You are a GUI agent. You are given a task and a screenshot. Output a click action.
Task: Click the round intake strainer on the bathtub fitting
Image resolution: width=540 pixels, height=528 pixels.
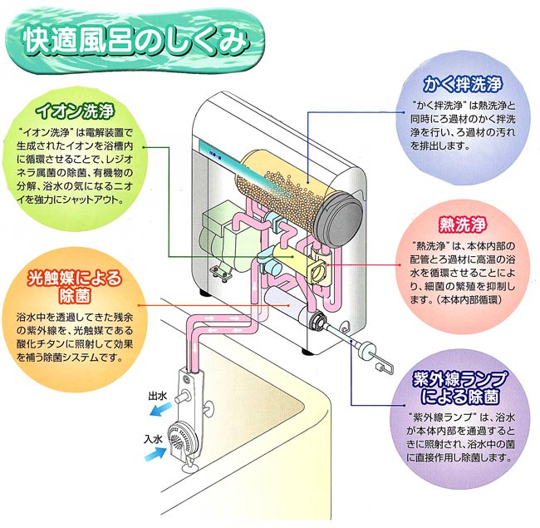pos(179,438)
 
